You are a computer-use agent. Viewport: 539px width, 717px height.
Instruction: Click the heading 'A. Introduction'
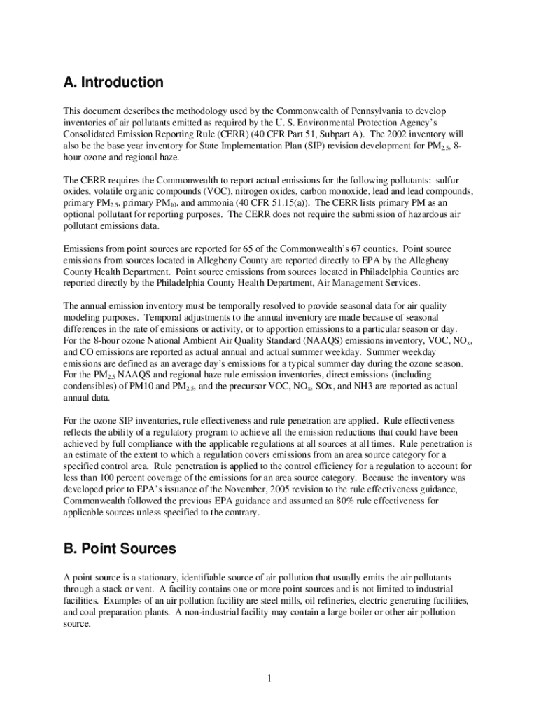113,83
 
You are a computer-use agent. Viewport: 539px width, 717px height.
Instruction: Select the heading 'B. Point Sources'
120,549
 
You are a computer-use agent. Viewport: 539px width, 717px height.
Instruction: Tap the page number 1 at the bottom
269,678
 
